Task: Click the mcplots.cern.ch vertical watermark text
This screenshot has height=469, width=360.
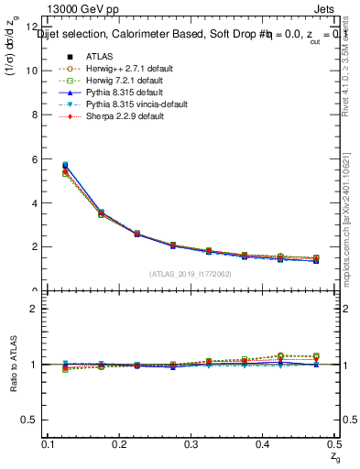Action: (x=348, y=211)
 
